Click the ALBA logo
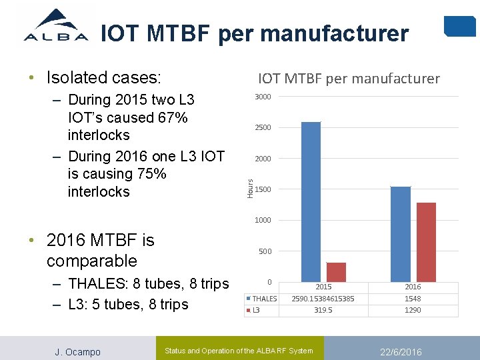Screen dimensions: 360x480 coord(56,26)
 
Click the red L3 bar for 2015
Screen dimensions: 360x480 coord(336,271)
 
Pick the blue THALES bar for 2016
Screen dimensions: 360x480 coord(401,233)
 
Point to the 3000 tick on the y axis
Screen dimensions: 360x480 coord(263,97)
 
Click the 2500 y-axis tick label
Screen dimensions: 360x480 coord(263,127)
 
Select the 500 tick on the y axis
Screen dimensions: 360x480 coord(265,251)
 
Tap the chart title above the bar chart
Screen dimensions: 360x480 coord(349,79)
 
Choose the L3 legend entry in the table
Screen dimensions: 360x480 coord(255,310)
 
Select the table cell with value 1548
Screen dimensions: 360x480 coord(413,299)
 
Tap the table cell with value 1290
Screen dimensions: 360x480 coord(413,310)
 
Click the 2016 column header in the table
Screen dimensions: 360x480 coord(413,287)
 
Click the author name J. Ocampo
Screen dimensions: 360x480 coord(77,351)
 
